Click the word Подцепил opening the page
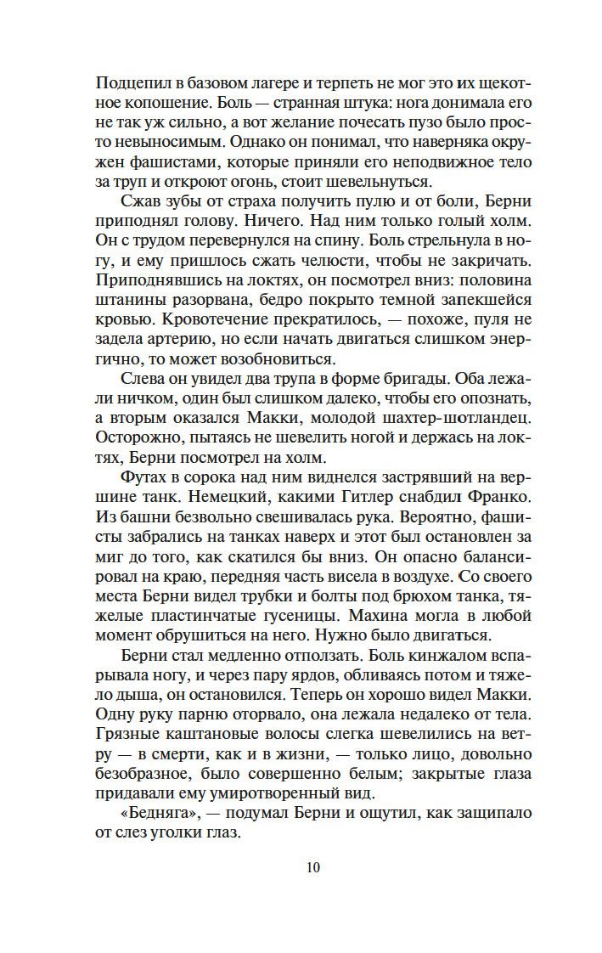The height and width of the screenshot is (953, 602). click(130, 85)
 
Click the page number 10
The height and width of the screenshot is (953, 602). click(313, 867)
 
